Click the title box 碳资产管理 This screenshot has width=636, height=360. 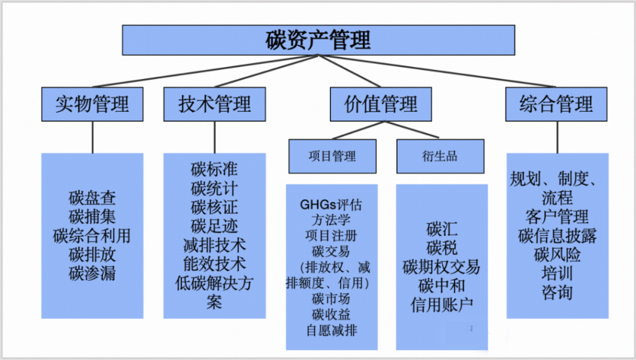tap(318, 40)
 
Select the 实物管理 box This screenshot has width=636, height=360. tap(93, 104)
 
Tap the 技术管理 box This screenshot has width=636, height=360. tap(214, 104)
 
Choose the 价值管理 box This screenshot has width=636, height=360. tap(381, 104)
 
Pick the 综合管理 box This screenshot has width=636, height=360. tap(556, 104)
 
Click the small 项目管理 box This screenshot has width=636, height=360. tap(332, 156)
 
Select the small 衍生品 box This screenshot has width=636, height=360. tap(440, 156)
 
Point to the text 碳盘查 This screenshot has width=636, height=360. tap(93, 199)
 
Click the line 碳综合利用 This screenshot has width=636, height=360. tap(93, 236)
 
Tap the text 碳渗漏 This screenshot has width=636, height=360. tap(93, 273)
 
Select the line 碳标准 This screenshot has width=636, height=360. tap(214, 169)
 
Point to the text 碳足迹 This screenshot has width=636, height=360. tap(214, 225)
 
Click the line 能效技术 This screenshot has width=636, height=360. tap(214, 263)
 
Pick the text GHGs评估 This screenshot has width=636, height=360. tap(332, 204)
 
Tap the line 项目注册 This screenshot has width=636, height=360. tap(332, 236)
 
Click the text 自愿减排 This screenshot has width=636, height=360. tap(332, 330)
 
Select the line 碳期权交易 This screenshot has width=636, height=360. tap(442, 268)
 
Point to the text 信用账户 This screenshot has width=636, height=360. tap(442, 305)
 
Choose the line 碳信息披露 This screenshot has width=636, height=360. tap(557, 236)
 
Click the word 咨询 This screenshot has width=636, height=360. tap(557, 292)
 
